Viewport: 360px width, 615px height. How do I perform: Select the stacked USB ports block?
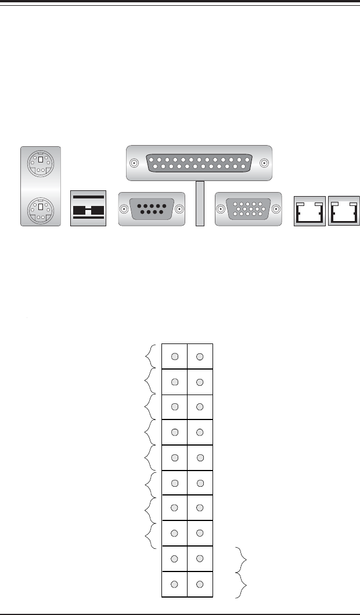click(x=89, y=208)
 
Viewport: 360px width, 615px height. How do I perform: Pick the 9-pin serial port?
click(x=151, y=208)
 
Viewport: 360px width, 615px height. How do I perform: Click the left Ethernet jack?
click(x=309, y=210)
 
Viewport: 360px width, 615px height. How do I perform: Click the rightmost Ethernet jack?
click(x=344, y=210)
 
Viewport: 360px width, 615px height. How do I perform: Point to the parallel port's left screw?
click(x=134, y=164)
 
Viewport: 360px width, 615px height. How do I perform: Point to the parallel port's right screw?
click(x=265, y=164)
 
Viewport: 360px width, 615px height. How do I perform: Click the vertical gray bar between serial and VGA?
click(x=200, y=203)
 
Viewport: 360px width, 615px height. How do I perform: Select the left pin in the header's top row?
click(x=175, y=356)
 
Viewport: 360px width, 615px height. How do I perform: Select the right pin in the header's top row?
click(x=200, y=356)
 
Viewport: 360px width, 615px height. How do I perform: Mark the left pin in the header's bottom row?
click(x=175, y=583)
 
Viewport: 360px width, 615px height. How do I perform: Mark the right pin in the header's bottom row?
click(x=200, y=583)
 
